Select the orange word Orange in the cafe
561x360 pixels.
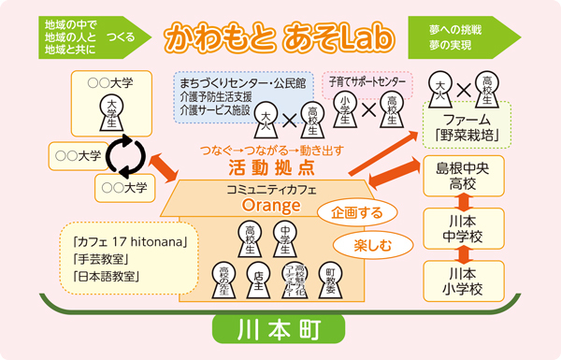pos(262,204)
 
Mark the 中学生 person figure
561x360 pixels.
pos(281,236)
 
